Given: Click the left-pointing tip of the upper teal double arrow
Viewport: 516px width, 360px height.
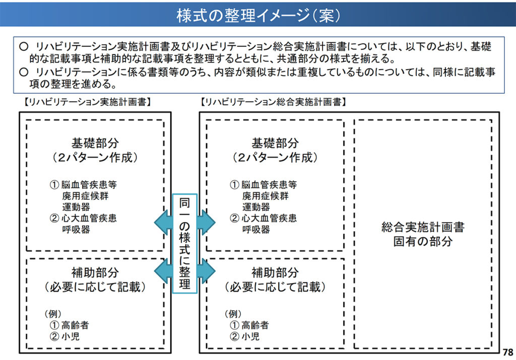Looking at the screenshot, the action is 154,223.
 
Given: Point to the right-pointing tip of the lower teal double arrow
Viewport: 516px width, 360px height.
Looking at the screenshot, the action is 216,271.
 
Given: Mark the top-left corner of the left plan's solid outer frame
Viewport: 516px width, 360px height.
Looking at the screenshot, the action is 20,112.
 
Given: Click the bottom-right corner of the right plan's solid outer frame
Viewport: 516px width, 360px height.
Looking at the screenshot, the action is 499,353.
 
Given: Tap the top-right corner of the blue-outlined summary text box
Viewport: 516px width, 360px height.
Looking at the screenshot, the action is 504,37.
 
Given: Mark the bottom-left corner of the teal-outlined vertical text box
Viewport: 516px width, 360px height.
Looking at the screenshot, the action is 173,293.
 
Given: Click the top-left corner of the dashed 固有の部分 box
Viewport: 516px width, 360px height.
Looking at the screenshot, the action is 354,120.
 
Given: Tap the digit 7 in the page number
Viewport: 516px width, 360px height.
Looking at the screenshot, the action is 505,352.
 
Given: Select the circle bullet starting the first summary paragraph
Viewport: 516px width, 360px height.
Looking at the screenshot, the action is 23,46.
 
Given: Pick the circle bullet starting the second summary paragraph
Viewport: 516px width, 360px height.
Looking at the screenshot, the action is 23,72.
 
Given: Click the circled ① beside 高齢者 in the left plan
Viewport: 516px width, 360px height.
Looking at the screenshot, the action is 54,325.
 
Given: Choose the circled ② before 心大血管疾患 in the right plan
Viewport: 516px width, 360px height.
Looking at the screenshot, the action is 234,218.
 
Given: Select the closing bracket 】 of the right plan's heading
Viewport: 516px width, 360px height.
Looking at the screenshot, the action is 344,102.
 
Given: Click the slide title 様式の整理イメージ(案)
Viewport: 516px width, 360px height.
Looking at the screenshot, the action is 259,15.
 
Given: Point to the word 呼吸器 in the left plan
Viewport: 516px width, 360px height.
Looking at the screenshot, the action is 76,229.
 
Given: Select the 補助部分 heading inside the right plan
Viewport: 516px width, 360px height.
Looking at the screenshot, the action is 275,272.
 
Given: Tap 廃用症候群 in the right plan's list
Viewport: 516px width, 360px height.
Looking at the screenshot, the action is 265,196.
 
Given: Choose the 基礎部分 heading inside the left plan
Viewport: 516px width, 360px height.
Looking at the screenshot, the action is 95,143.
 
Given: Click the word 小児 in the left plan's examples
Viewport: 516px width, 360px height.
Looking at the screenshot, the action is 71,336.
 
